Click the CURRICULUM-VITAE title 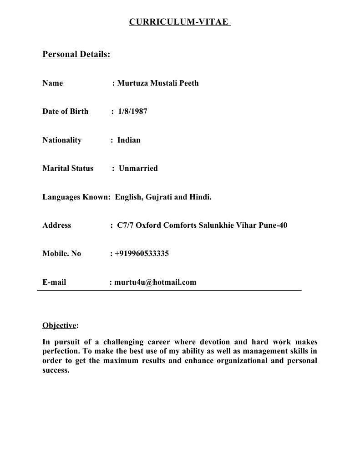179,22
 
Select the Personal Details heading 76,55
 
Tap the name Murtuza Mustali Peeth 158,83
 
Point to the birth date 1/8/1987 132,112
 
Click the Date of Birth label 66,112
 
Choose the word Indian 129,140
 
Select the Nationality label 62,140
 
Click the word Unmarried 138,169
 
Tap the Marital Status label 68,169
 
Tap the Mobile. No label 62,254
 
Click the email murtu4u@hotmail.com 155,282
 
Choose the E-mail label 54,282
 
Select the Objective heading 59,326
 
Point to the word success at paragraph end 56,370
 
